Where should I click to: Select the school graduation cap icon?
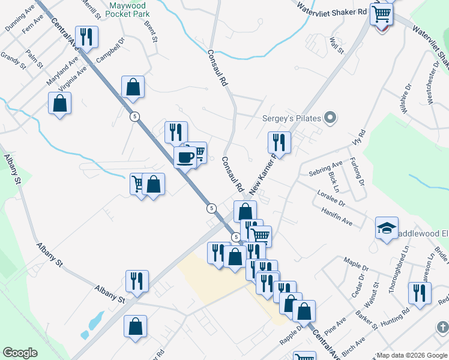[x=387, y=228]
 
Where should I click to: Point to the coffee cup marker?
[x=185, y=158]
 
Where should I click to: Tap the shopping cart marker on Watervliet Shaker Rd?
[x=381, y=14]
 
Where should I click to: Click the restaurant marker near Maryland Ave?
[x=86, y=37]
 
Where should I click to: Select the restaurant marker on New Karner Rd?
[x=279, y=143]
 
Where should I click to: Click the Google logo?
[x=20, y=353]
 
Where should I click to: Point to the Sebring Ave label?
[x=325, y=167]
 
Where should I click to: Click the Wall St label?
[x=336, y=46]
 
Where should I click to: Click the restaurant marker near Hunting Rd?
[x=418, y=293]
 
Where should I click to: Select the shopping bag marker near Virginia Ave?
[x=60, y=103]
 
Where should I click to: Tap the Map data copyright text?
[x=412, y=355]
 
